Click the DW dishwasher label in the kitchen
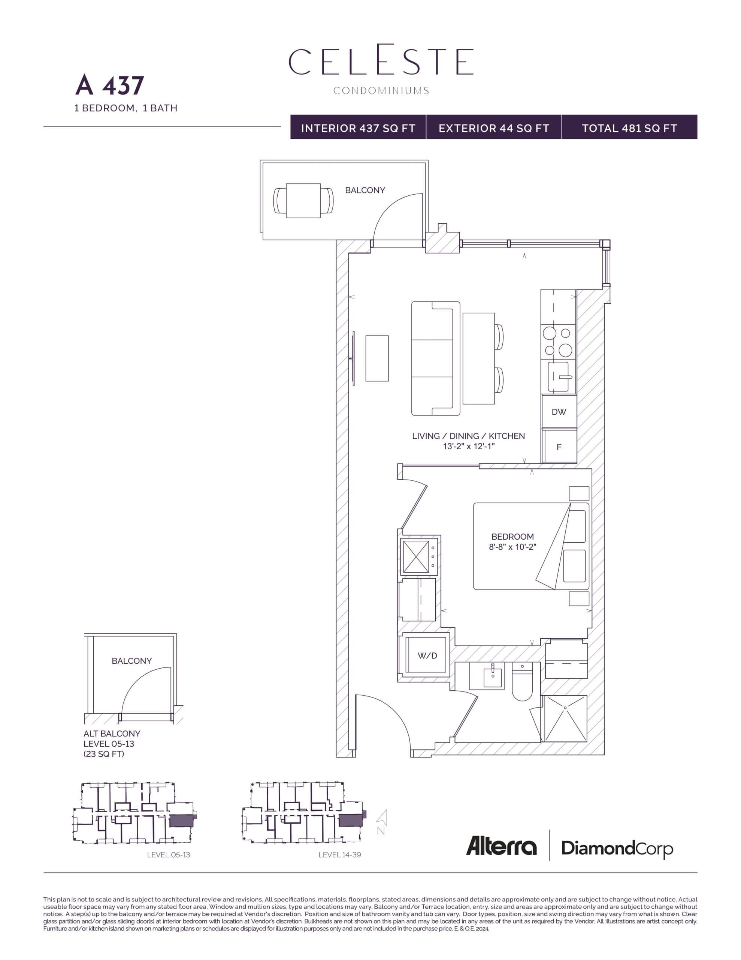click(559, 412)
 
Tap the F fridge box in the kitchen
click(559, 447)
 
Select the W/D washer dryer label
click(427, 655)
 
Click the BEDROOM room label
click(512, 536)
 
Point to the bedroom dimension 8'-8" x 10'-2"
click(512, 547)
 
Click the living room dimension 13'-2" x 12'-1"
click(468, 447)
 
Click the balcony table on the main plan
click(303, 201)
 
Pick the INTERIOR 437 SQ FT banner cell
click(358, 128)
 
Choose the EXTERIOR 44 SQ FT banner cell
click(494, 128)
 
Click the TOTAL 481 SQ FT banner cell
click(629, 128)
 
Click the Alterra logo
click(501, 846)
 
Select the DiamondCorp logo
click(617, 848)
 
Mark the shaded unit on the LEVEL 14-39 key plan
click(350, 820)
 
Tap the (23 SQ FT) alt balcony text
click(104, 753)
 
